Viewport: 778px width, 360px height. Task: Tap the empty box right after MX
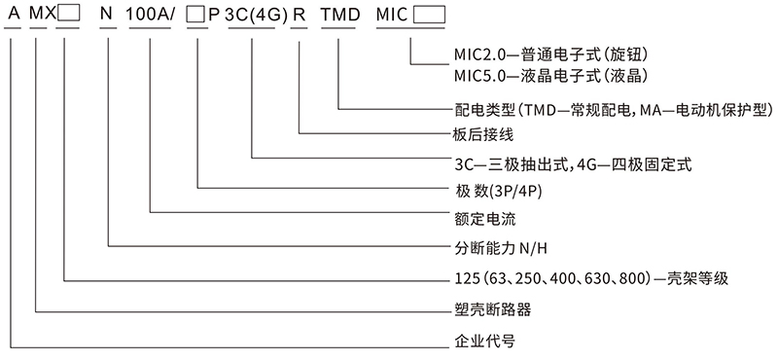pos(67,17)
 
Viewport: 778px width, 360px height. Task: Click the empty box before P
pos(197,17)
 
